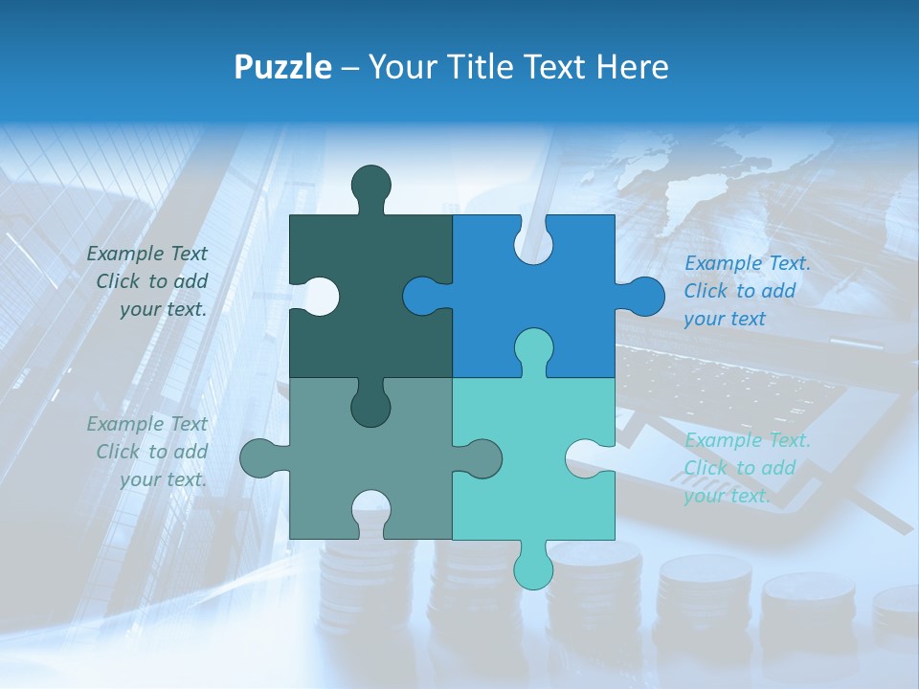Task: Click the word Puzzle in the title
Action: click(283, 67)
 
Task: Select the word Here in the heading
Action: click(630, 67)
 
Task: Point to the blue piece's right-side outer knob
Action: click(642, 296)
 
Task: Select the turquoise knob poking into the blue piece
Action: click(534, 346)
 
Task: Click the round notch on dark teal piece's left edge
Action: click(320, 296)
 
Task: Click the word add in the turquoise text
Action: click(778, 468)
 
